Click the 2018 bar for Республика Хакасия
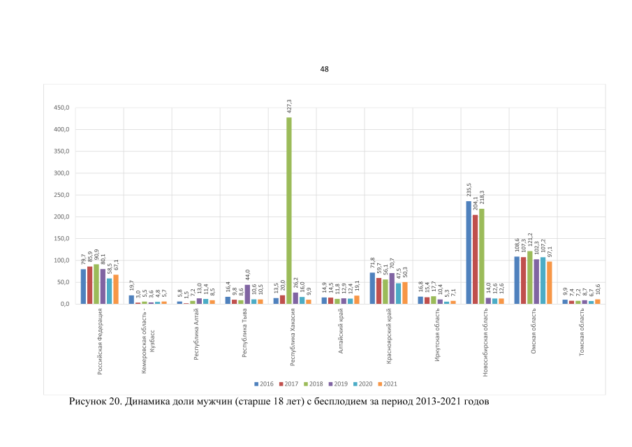pos(289,210)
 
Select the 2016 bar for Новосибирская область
pos(469,253)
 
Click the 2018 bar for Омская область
pos(530,278)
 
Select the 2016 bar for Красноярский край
pos(373,288)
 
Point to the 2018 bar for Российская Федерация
pos(96,284)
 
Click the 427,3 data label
pos(289,106)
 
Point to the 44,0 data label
pos(247,274)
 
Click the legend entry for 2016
pos(263,383)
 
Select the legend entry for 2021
pos(387,383)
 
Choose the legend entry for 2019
pos(337,383)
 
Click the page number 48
pos(324,69)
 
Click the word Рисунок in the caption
pos(88,402)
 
